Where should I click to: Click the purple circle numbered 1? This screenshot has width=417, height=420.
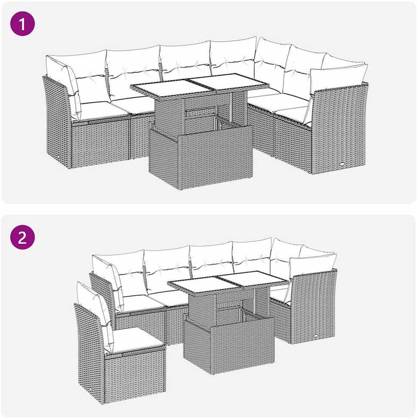pyautogui.click(x=22, y=24)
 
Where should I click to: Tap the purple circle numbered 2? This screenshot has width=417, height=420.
pyautogui.click(x=22, y=237)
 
